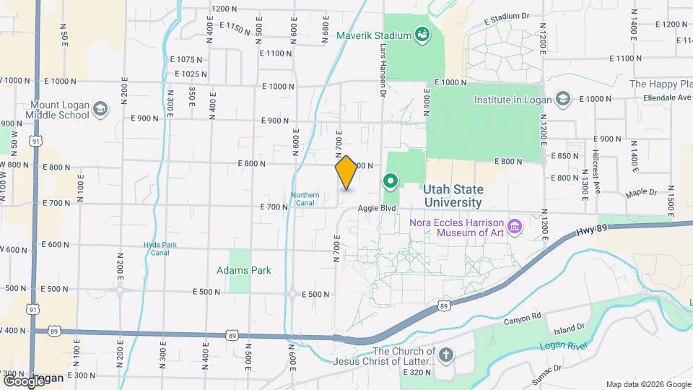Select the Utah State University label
coord(453,195)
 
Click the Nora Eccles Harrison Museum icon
coord(515,227)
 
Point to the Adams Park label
coord(244,270)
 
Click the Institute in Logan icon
coord(564,99)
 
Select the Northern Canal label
coord(305,199)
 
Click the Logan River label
coord(560,346)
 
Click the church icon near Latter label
coord(446,355)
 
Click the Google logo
coord(23,380)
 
